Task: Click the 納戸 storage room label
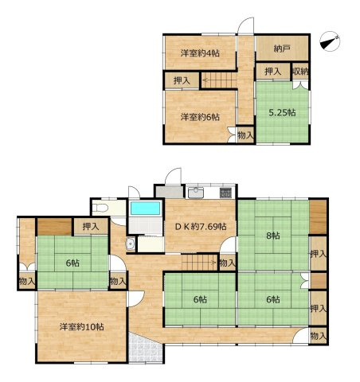(x=281, y=49)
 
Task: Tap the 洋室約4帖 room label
(x=200, y=53)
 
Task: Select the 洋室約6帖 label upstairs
(x=200, y=117)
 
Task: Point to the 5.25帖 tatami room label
(x=282, y=112)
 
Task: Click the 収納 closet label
(x=300, y=71)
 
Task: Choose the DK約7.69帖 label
(x=201, y=227)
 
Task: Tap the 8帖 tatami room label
(x=273, y=236)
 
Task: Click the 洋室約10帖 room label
(x=81, y=326)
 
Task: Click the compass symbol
(x=330, y=41)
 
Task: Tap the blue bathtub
(x=146, y=209)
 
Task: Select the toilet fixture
(x=100, y=208)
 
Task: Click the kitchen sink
(x=196, y=193)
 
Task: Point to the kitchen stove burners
(x=226, y=193)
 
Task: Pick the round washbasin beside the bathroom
(x=131, y=244)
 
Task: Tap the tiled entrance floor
(x=145, y=348)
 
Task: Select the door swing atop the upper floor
(x=245, y=25)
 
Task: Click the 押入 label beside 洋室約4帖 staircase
(x=182, y=80)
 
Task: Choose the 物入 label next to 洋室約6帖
(x=245, y=135)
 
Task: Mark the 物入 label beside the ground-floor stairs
(x=228, y=263)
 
